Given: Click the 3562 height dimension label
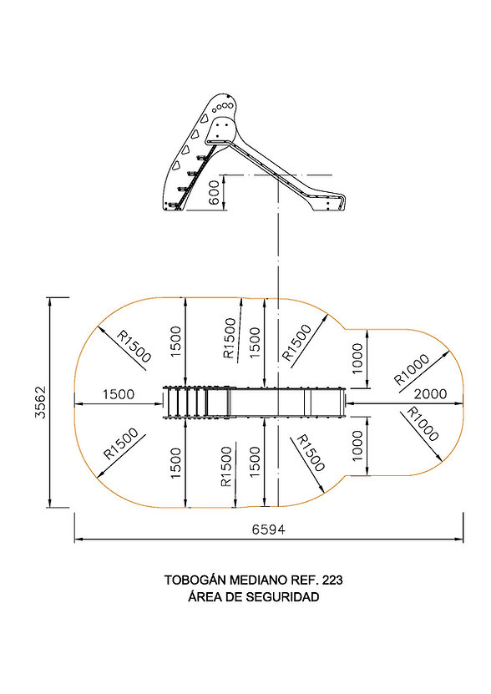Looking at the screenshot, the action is coord(41,403).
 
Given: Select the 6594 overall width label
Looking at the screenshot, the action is coord(269,529).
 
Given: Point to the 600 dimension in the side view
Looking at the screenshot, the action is coord(215,192).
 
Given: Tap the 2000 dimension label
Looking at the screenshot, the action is coord(430,393).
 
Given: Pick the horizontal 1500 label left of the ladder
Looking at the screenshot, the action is coord(119,394).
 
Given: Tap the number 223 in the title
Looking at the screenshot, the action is coord(332,580).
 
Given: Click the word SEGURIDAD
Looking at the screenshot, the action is coord(282,597).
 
